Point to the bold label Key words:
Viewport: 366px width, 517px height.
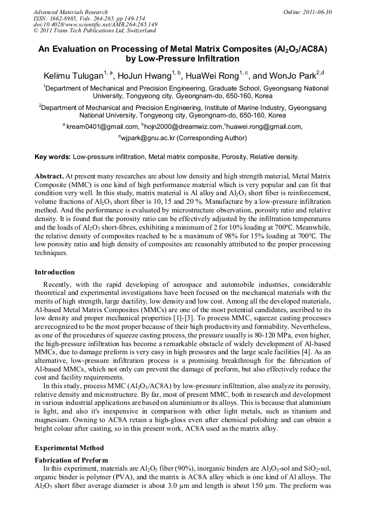(52, 157)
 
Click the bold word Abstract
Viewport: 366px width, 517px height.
(49, 176)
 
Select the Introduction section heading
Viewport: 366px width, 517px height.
(55, 272)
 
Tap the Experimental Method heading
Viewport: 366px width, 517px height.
(69, 447)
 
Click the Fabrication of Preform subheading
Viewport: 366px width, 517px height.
(71, 460)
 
